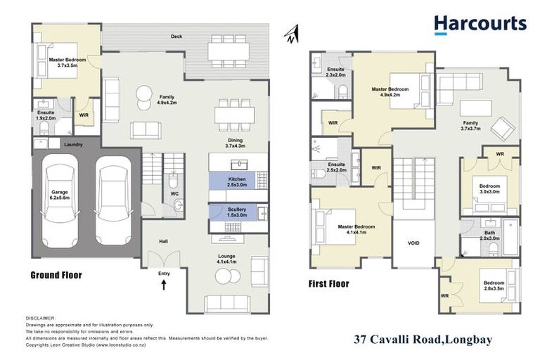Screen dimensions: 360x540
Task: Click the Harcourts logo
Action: (480, 25)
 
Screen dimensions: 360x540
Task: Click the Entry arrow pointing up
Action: (165, 284)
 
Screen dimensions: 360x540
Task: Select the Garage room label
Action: (60, 195)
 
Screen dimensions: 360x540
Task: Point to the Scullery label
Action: (237, 213)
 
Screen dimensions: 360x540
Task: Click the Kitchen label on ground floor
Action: (237, 183)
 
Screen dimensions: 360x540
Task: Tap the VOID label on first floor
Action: (413, 243)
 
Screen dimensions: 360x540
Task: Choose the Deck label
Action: (177, 36)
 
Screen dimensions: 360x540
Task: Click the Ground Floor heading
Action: (56, 275)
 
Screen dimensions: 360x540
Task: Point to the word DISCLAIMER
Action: (40, 318)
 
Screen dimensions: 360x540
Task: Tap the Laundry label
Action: (74, 145)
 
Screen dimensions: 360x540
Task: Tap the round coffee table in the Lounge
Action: (224, 277)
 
